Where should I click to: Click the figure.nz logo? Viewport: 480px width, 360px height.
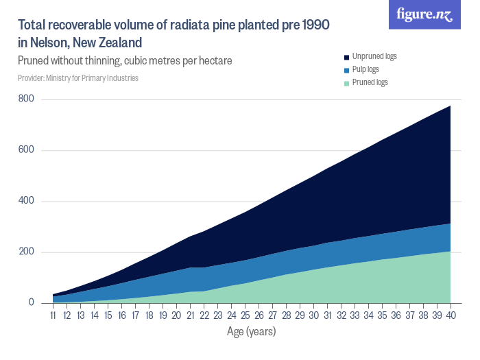pyautogui.click(x=424, y=15)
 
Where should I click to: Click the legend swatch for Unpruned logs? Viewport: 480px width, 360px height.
pyautogui.click(x=347, y=56)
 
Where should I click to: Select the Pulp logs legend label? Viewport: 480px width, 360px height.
pyautogui.click(x=365, y=69)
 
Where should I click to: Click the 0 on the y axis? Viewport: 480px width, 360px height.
pyautogui.click(x=32, y=303)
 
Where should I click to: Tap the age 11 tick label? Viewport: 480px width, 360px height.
pyautogui.click(x=53, y=315)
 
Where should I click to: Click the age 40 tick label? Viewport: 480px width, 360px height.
pyautogui.click(x=451, y=315)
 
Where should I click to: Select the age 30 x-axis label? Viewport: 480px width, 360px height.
pyautogui.click(x=313, y=315)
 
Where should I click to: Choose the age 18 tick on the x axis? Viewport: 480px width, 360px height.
pyautogui.click(x=149, y=315)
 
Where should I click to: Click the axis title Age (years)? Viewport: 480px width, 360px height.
pyautogui.click(x=251, y=332)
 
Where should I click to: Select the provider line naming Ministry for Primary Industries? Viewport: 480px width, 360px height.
pyautogui.click(x=78, y=78)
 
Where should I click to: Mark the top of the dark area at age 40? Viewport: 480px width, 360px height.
pyautogui.click(x=451, y=106)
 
